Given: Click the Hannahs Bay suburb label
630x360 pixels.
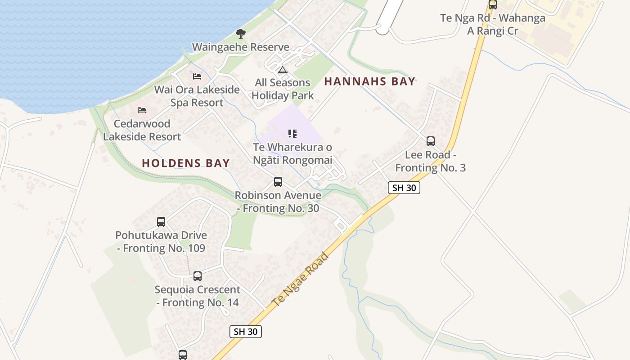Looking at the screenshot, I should (x=369, y=81).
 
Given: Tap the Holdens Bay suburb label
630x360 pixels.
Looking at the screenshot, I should (x=186, y=163).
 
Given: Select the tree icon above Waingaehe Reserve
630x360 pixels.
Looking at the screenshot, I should (x=241, y=33).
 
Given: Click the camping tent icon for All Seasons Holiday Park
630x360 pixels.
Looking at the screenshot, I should (x=282, y=70).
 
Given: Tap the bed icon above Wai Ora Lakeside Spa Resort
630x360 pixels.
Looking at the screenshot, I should (x=197, y=76).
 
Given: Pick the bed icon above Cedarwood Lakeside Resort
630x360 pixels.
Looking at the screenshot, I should (x=142, y=110).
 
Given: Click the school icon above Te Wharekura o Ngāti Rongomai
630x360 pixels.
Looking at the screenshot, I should (x=292, y=133).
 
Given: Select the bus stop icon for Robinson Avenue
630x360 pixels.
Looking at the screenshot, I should (x=278, y=182).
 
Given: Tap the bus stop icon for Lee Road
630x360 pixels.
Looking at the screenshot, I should (x=431, y=141).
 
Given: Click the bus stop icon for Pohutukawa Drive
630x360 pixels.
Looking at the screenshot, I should (x=161, y=221).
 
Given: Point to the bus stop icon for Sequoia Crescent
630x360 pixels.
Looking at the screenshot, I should (x=198, y=276).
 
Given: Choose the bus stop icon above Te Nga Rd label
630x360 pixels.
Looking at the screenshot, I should (x=493, y=5).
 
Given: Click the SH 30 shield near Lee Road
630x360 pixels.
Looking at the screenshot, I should (x=404, y=188).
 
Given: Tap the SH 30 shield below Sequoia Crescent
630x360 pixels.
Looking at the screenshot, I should (x=246, y=332).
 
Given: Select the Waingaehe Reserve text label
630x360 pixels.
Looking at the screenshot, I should (x=241, y=47).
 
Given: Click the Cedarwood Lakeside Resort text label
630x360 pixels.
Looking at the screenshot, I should (x=142, y=130).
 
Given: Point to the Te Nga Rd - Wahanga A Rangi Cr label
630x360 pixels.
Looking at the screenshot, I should (x=493, y=24).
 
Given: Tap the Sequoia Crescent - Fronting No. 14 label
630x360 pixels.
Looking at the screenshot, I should (x=198, y=296).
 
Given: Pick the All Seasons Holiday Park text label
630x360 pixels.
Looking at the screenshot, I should (x=283, y=89).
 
